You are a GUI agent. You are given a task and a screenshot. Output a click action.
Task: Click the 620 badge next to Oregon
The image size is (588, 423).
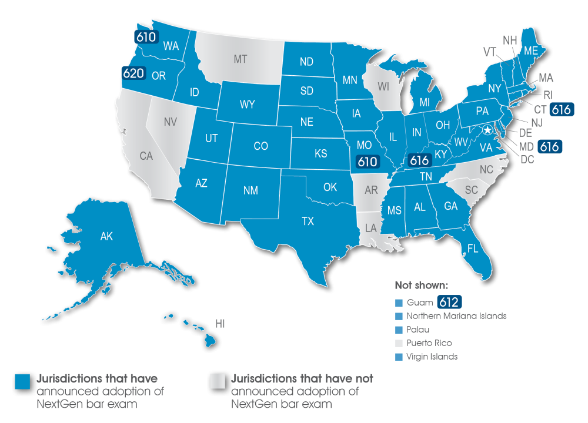coord(133,73)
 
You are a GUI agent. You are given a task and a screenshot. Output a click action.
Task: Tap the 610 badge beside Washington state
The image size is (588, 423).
coord(146,37)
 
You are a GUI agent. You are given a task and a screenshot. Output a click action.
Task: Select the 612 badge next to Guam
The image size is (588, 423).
coord(449,302)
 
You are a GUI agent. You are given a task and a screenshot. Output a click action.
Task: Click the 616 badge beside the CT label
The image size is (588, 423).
coord(562,109)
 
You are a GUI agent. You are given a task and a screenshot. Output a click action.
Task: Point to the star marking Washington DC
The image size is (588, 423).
coord(487,130)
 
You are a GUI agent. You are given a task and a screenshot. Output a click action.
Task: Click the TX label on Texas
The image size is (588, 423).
coord(308,221)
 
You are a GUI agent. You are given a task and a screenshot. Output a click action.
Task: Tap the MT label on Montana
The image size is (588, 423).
coord(240,59)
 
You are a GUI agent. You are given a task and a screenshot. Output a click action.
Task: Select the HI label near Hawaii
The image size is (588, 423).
coord(220,324)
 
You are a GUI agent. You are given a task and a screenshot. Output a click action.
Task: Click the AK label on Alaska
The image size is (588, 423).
coord(106,237)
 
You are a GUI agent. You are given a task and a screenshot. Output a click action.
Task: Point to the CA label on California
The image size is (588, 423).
coord(146,156)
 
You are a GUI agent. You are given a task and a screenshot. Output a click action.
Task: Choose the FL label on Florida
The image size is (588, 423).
coord(472,249)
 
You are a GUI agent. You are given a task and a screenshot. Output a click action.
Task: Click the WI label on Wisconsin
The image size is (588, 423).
coord(383,86)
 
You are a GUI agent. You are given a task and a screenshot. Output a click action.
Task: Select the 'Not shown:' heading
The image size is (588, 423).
coord(422,286)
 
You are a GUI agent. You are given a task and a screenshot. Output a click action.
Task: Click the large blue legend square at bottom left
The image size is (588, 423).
coord(22,381)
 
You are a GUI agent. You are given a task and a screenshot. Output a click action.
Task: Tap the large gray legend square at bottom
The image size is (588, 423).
coord(217,381)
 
